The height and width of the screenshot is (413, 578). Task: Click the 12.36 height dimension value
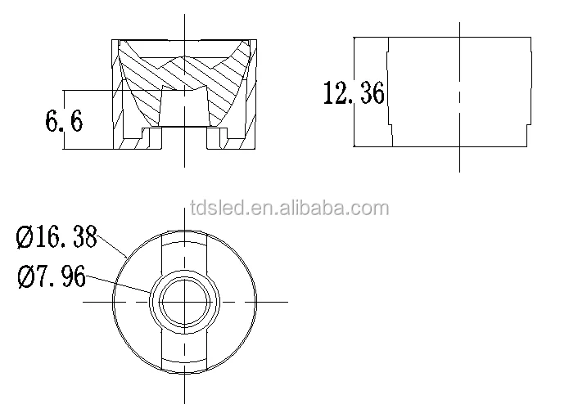pyautogui.click(x=354, y=93)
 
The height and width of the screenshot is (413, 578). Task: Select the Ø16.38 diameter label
pyautogui.click(x=56, y=238)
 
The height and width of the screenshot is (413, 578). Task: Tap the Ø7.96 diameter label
pyautogui.click(x=51, y=278)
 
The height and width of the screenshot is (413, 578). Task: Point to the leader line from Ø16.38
pyautogui.click(x=112, y=245)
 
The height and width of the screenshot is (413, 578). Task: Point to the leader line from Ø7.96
pyautogui.click(x=119, y=282)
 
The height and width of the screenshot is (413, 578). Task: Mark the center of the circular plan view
pyautogui.click(x=186, y=301)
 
